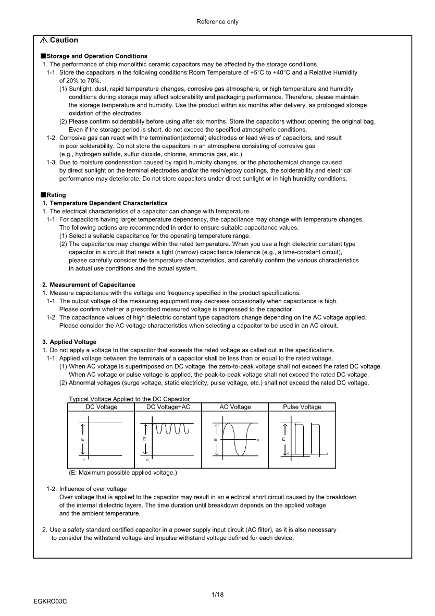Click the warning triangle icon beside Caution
click(44, 41)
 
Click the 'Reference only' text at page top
click(217, 22)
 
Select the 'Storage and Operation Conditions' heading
click(97, 56)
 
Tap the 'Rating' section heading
click(56, 195)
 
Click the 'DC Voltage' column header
click(101, 407)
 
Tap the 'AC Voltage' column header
click(234, 407)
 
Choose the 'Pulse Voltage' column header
click(302, 407)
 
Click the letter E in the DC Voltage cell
click(83, 440)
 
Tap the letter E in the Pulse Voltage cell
click(283, 439)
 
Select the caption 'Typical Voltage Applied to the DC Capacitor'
click(129, 399)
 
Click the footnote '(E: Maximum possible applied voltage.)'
click(123, 473)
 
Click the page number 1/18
click(217, 594)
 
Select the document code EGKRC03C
click(51, 601)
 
